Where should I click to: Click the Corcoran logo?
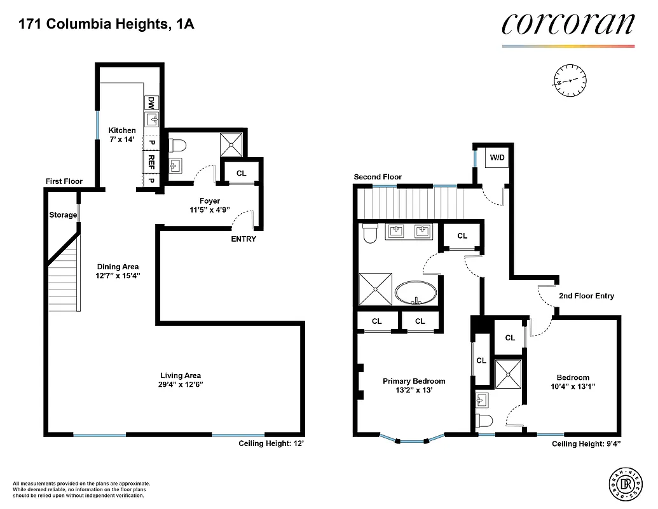[x=568, y=24]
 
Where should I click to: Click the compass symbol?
[x=570, y=80]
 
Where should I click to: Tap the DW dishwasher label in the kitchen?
[x=151, y=102]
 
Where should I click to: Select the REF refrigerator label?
[x=151, y=159]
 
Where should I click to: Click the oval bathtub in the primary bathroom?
[x=416, y=295]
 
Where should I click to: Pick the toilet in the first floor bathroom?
[x=175, y=144]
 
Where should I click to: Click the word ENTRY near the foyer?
[x=243, y=239]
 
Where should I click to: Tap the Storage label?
[x=63, y=215]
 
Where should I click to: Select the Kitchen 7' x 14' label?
[x=121, y=135]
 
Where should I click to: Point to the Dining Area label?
[x=118, y=267]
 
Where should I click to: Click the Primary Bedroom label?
[x=414, y=381]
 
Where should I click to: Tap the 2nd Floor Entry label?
[x=586, y=296]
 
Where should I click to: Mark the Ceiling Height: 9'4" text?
[x=586, y=444]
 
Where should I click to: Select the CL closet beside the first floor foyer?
[x=242, y=173]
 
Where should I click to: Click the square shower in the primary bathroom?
[x=376, y=289]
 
